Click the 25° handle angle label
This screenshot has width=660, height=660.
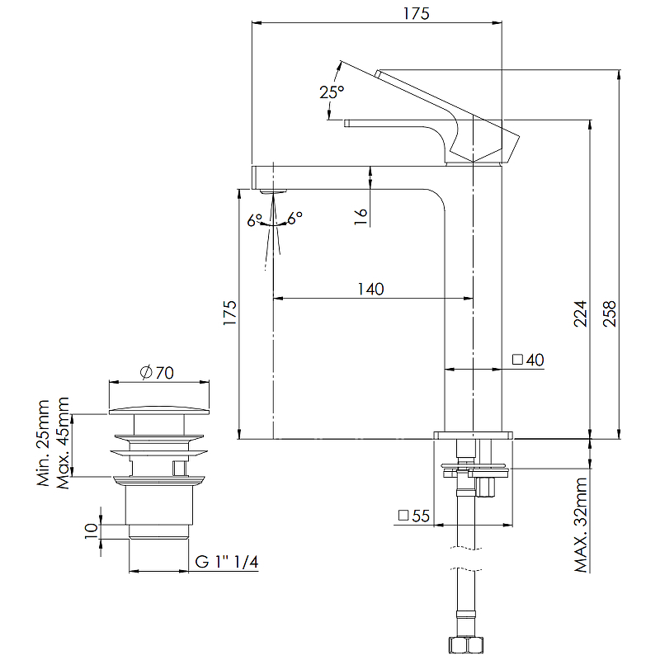(332, 92)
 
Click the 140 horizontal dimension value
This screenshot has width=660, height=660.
(370, 290)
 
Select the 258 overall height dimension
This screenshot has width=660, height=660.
(610, 313)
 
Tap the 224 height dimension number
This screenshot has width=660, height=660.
(581, 313)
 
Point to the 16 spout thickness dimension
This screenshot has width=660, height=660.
(361, 216)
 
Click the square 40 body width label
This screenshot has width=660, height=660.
(528, 360)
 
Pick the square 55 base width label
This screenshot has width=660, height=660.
(414, 516)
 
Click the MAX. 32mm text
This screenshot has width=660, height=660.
(581, 525)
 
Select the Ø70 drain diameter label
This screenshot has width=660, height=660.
(157, 373)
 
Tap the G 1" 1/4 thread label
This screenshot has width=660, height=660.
(226, 562)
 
